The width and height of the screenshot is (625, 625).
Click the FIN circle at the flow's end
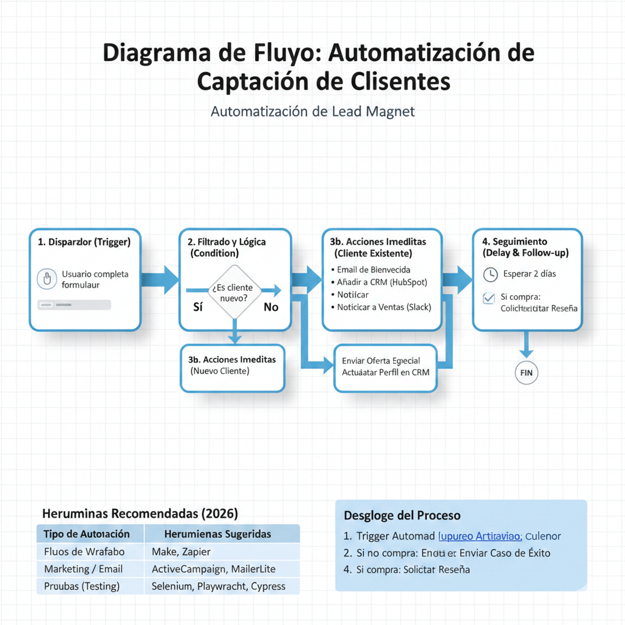click(526, 373)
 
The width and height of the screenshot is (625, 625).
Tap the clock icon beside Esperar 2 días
click(490, 274)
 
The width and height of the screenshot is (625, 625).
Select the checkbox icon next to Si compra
click(489, 298)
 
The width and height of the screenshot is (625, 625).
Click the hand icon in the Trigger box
click(47, 279)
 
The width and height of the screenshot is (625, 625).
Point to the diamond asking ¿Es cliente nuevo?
click(234, 292)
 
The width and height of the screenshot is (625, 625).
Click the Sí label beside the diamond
click(198, 307)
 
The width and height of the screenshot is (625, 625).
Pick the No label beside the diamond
click(271, 307)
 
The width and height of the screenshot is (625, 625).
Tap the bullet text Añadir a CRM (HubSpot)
click(382, 282)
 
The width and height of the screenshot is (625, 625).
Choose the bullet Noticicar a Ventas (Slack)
click(384, 307)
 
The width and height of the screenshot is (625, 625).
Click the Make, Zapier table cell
click(181, 552)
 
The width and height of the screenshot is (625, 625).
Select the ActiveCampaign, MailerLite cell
click(214, 569)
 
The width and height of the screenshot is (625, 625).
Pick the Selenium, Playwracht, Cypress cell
click(218, 586)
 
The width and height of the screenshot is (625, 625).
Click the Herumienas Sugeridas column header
click(217, 534)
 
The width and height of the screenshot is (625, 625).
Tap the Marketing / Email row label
click(83, 569)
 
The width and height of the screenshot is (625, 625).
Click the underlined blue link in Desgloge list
click(480, 536)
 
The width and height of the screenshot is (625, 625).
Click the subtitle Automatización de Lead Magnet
click(312, 112)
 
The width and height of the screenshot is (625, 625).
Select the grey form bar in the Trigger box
click(74, 305)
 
